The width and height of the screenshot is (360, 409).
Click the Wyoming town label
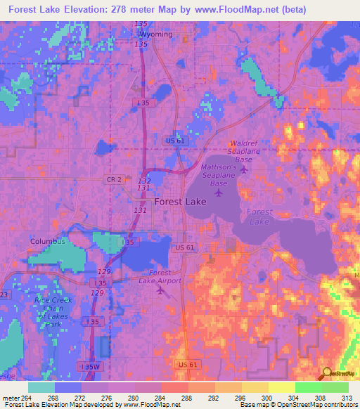pos(155,34)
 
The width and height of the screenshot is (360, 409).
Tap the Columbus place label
pos(47,241)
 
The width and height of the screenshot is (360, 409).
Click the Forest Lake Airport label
pos(165,277)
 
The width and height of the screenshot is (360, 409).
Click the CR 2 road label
pos(116,180)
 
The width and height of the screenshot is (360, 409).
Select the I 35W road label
pos(89,367)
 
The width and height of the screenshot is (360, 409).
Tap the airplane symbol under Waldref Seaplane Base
pos(244,169)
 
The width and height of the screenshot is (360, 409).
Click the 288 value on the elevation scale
pos(186,398)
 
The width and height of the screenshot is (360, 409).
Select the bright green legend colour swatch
pos(309,387)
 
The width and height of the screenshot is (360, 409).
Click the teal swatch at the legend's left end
pos(41,387)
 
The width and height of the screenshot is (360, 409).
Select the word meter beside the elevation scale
pos(11,398)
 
